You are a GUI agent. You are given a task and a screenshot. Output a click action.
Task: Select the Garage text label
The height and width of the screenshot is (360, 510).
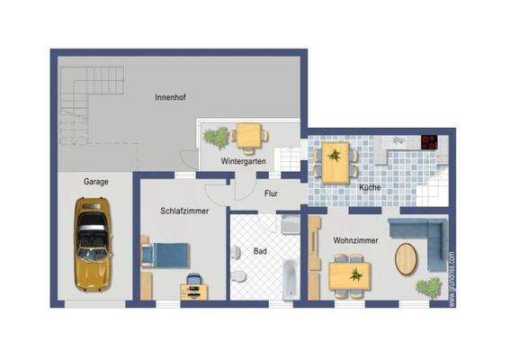pos(96,181)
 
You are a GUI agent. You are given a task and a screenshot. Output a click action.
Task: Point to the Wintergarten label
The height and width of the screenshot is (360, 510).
pos(243,161)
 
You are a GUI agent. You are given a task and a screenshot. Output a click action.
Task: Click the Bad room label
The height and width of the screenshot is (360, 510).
pos(260,251)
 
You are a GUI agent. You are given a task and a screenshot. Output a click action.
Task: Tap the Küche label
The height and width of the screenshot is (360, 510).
pos(370,187)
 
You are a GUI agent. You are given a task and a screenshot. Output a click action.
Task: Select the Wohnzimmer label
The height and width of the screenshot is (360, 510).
pos(355,241)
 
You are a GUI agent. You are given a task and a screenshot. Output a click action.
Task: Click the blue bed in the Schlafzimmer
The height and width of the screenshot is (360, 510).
pos(166,254)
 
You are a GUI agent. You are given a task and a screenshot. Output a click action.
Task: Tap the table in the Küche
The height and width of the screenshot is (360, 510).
pos(335,162)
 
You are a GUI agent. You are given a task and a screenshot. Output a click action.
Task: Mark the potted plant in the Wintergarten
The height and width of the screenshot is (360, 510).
pos(216,137)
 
